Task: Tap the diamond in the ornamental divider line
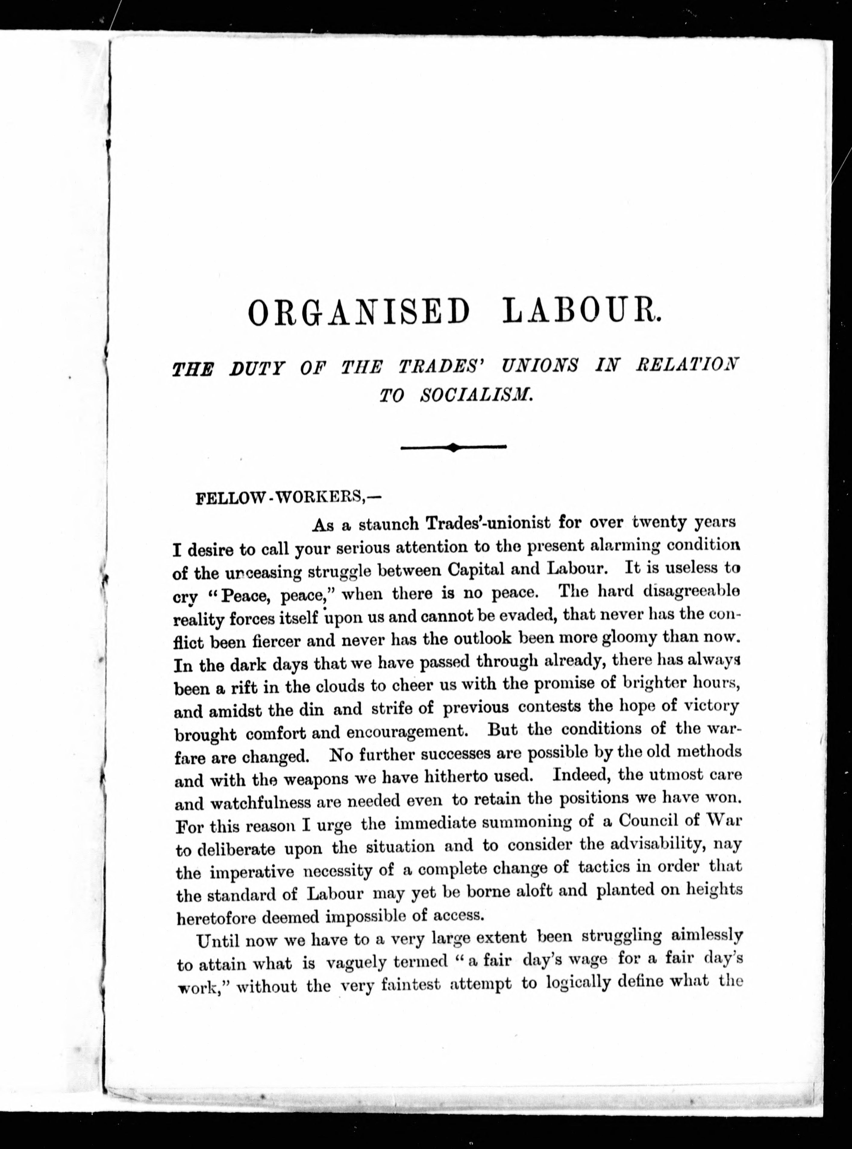453,447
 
